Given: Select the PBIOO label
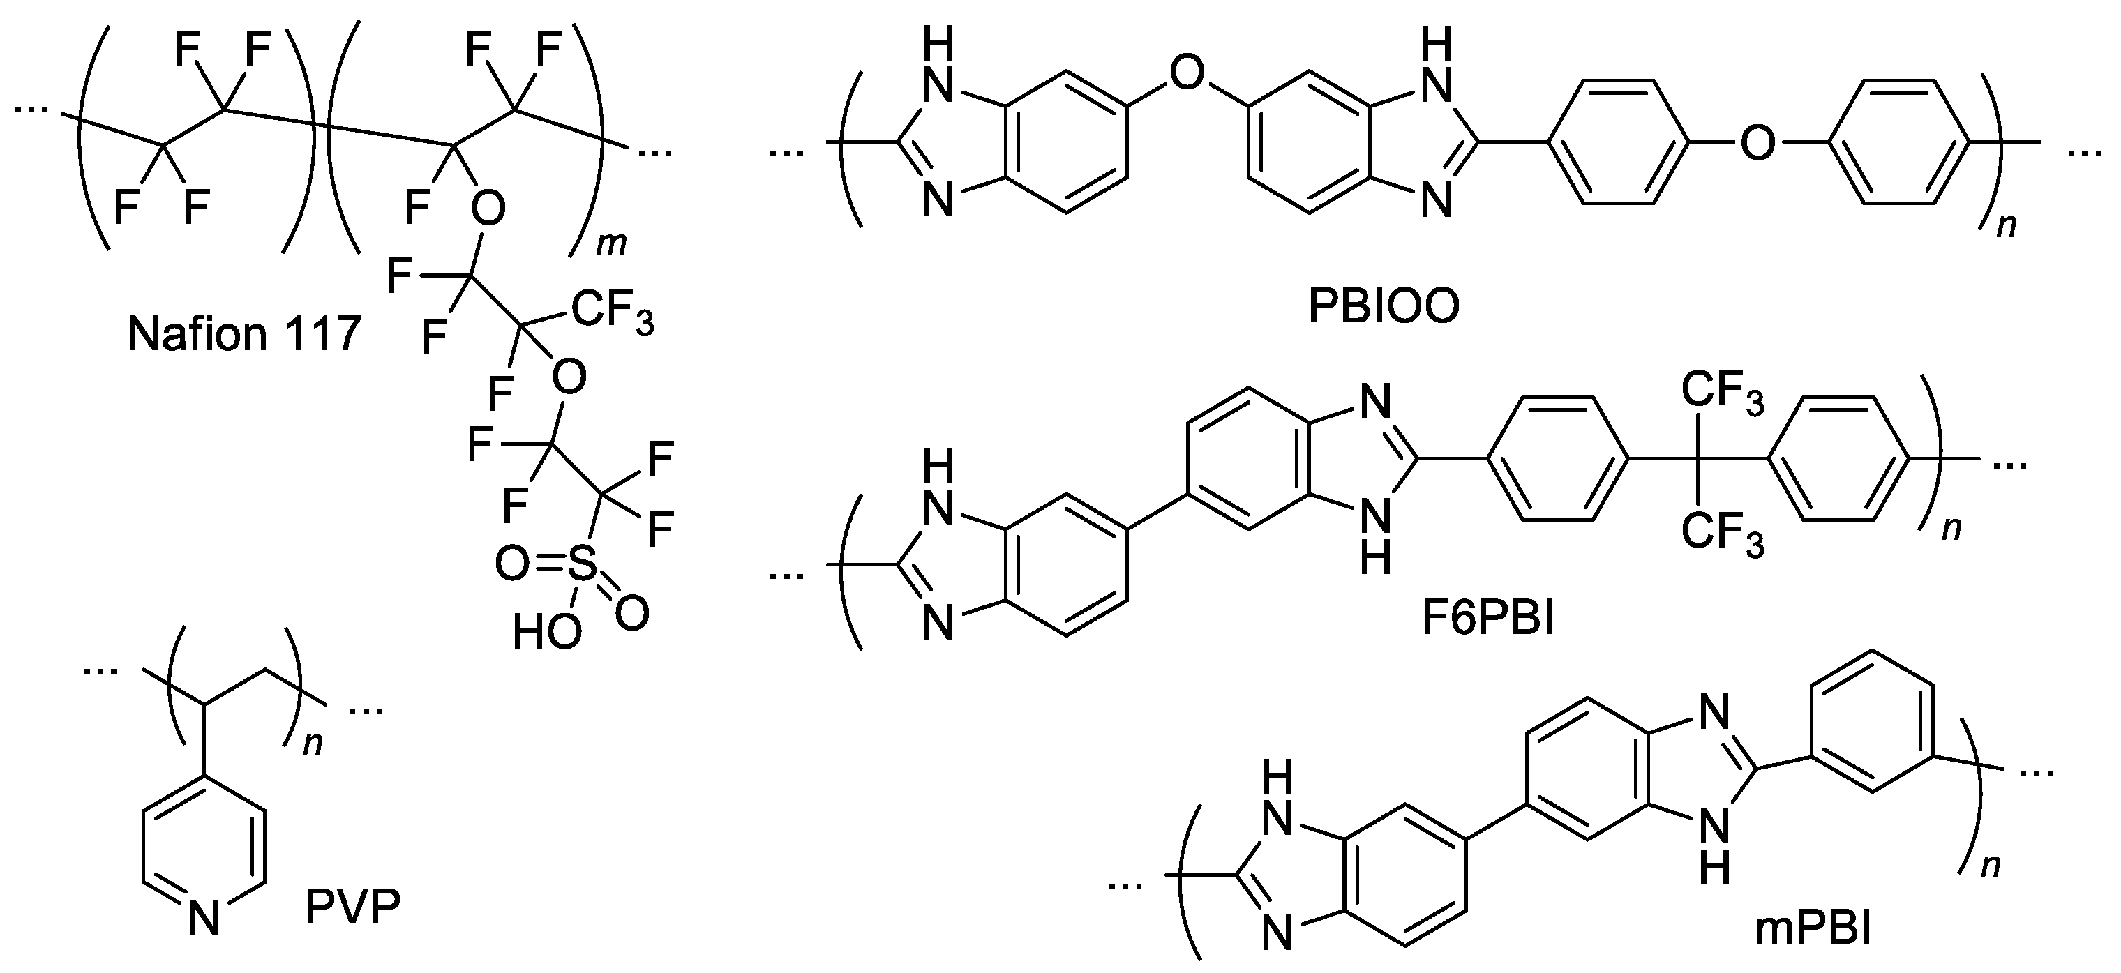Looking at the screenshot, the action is (x=1384, y=307).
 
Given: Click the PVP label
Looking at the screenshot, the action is (x=352, y=909).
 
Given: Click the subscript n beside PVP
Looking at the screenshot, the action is (x=313, y=744).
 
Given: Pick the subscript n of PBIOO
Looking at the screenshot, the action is (x=2007, y=224).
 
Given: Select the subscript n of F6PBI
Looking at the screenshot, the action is (x=1951, y=527).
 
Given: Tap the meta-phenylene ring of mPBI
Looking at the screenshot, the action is (x=1874, y=722).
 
